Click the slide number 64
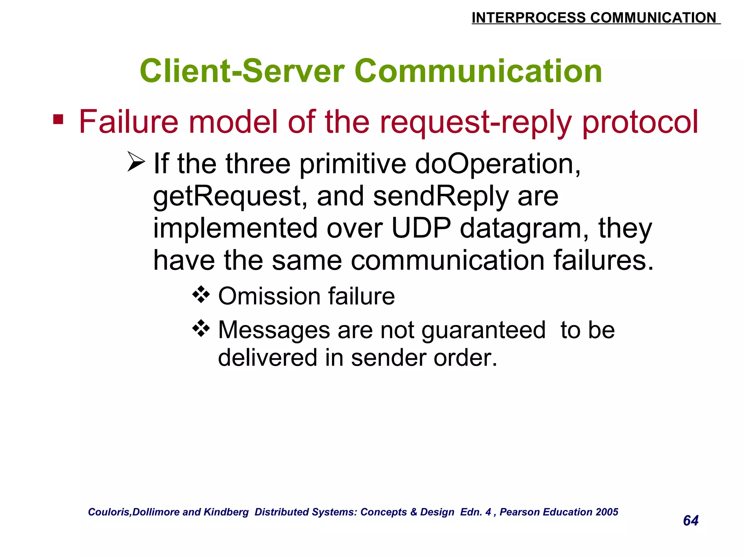pos(690,521)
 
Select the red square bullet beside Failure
pos(58,119)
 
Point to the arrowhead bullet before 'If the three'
pos(136,162)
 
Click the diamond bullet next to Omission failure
pos(201,294)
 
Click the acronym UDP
pos(421,228)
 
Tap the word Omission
pos(269,296)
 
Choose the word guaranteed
pos(484,330)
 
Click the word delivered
pos(267,358)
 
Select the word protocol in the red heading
pos(640,122)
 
